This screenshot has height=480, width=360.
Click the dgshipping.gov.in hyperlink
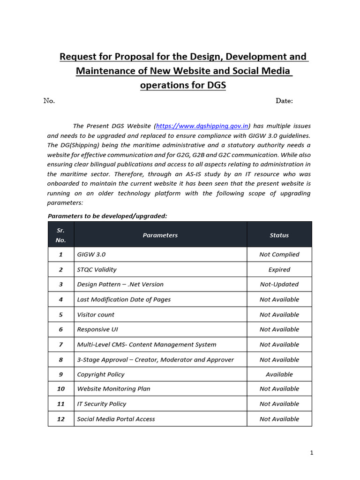click(202, 126)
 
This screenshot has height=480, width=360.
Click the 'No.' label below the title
click(49, 101)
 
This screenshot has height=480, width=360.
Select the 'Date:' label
click(284, 101)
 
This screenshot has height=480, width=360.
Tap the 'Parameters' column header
click(160, 235)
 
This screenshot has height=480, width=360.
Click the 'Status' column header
click(279, 235)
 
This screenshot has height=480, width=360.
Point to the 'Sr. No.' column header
click(61, 235)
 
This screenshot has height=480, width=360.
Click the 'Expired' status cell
click(279, 270)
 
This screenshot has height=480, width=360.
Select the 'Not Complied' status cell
click(279, 255)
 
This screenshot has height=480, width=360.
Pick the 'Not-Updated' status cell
click(279, 285)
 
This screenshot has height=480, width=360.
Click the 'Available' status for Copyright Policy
click(279, 375)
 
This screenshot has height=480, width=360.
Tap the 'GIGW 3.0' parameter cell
click(91, 255)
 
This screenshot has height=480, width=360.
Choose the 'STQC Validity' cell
click(97, 270)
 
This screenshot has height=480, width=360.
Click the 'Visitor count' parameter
click(96, 315)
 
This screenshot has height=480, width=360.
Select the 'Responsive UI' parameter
click(97, 330)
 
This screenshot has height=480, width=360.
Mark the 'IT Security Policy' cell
click(101, 404)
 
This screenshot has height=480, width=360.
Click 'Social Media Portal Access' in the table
click(116, 419)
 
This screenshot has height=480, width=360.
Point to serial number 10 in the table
click(61, 389)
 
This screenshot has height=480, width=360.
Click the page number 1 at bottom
click(311, 453)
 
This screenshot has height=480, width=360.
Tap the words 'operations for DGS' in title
click(183, 85)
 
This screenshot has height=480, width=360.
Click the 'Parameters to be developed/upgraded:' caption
click(107, 216)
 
